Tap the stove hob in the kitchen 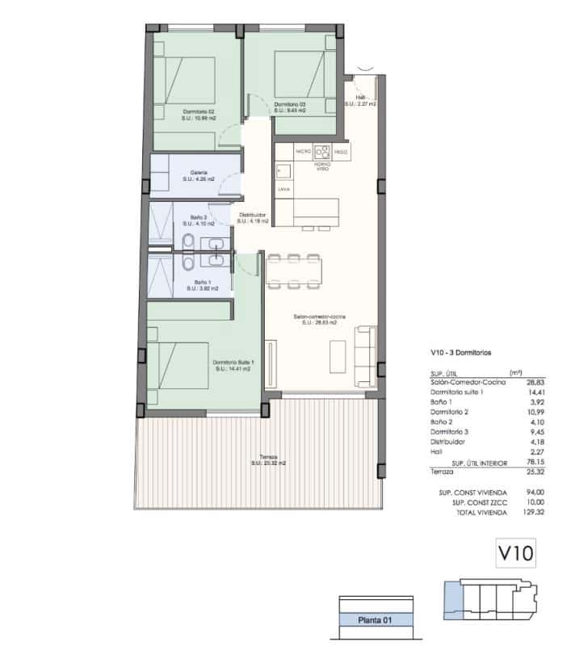tap(322, 151)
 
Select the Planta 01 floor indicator tap(376, 620)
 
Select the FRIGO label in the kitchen tap(341, 151)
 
